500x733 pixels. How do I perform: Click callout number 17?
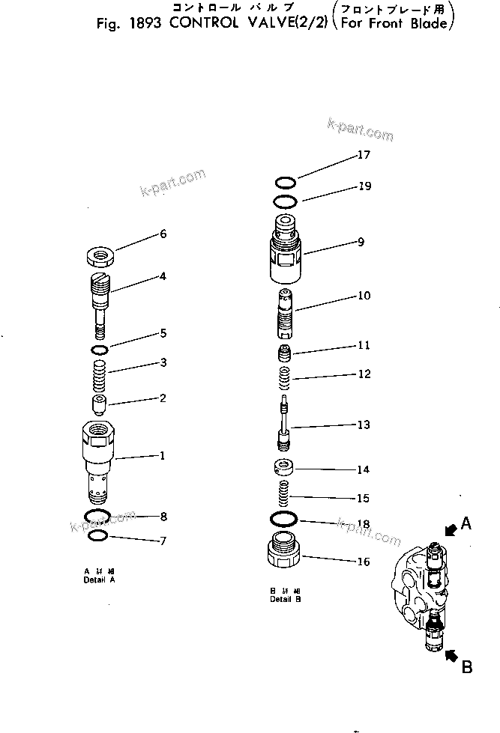[x=364, y=156]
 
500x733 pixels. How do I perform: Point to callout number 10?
[x=364, y=296]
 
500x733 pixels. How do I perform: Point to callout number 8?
[x=163, y=516]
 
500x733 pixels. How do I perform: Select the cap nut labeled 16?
[x=285, y=556]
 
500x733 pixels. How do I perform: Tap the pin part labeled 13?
[x=284, y=425]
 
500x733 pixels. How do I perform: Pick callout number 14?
[x=364, y=470]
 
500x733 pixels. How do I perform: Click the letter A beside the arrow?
[x=466, y=524]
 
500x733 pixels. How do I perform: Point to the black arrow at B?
[x=451, y=657]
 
